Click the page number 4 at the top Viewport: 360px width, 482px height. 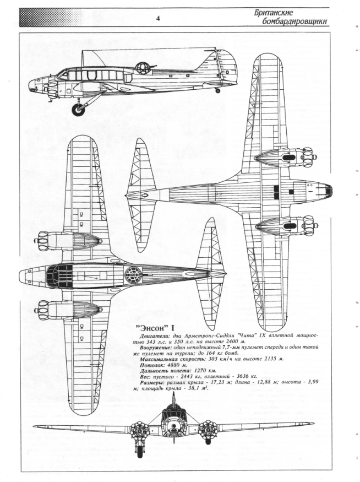pos(158,19)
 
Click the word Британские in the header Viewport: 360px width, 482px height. pos(274,13)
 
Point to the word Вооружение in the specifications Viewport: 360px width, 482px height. pos(155,348)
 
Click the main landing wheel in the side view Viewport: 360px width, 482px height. pos(79,110)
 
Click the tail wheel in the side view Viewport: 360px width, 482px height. pos(218,90)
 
